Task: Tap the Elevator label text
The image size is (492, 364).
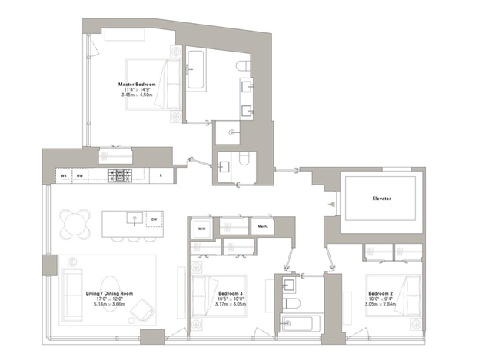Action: point(381,199)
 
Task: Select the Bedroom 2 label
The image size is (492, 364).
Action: point(381,294)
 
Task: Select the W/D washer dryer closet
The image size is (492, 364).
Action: point(201,228)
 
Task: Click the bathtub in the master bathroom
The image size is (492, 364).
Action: point(195,71)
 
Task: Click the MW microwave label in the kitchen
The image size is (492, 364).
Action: point(80,175)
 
